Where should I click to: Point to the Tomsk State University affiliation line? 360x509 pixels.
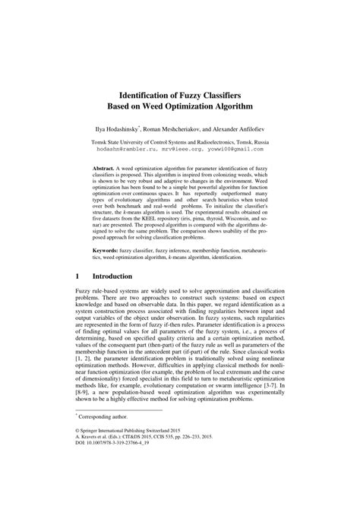(x=179, y=141)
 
